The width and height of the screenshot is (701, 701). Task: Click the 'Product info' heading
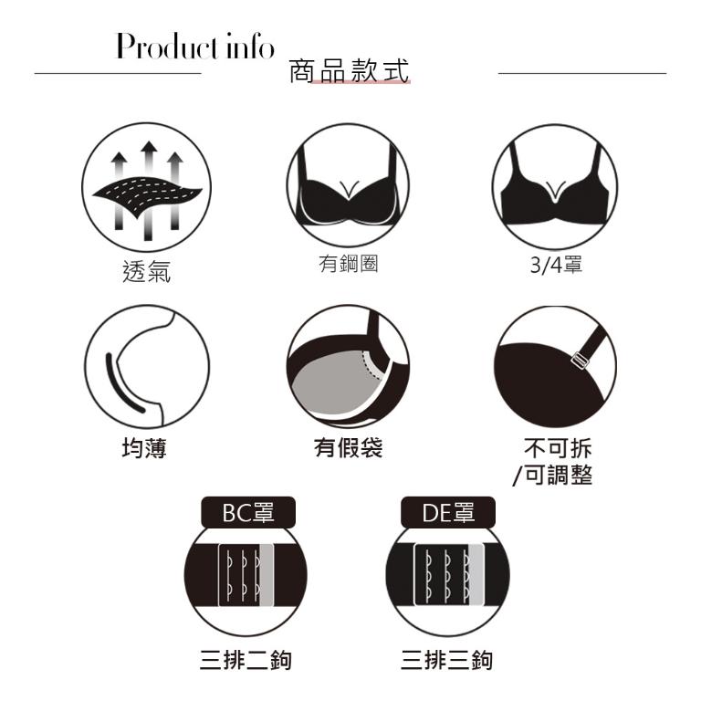pyautogui.click(x=195, y=46)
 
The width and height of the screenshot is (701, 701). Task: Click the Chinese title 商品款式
pyautogui.click(x=349, y=70)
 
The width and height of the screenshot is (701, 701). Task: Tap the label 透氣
pyautogui.click(x=146, y=271)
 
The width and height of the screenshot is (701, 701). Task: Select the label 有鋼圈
pyautogui.click(x=349, y=263)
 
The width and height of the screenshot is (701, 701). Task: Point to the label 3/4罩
pyautogui.click(x=556, y=265)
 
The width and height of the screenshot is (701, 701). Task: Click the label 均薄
pyautogui.click(x=144, y=448)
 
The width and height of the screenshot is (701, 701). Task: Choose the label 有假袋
pyautogui.click(x=349, y=447)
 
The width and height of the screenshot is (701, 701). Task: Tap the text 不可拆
pyautogui.click(x=558, y=448)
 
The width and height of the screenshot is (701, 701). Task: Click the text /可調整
pyautogui.click(x=552, y=475)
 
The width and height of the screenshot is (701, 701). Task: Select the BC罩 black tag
pyautogui.click(x=248, y=512)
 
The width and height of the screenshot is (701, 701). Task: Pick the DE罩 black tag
pyautogui.click(x=448, y=512)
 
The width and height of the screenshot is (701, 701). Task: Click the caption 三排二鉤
pyautogui.click(x=246, y=660)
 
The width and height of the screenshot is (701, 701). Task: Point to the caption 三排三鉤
pyautogui.click(x=446, y=660)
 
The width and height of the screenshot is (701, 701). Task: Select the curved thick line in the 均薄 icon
pyautogui.click(x=120, y=385)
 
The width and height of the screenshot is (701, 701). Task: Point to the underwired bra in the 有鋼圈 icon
pyautogui.click(x=348, y=188)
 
